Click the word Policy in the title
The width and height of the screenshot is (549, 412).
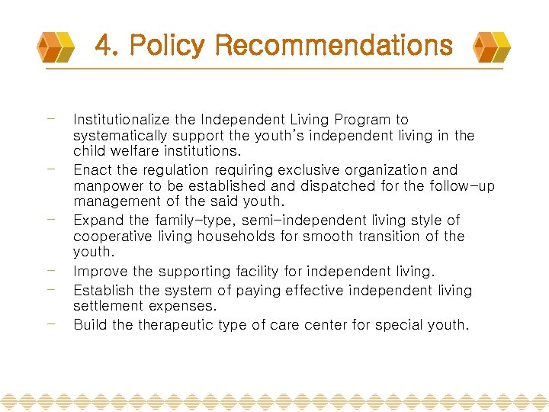pyautogui.click(x=168, y=46)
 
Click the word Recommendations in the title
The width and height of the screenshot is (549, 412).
pyautogui.click(x=334, y=46)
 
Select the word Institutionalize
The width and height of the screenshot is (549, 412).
pyautogui.click(x=121, y=120)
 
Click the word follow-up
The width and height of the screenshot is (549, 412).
pyautogui.click(x=466, y=187)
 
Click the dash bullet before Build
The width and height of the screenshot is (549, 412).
pyautogui.click(x=50, y=323)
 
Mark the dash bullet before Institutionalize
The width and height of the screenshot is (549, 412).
pyautogui.click(x=50, y=118)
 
